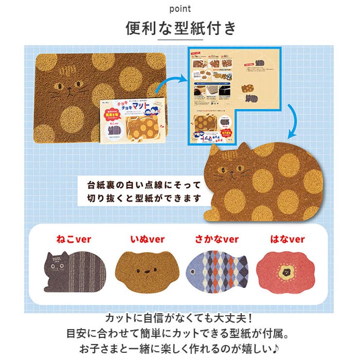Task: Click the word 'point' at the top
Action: pyautogui.click(x=180, y=9)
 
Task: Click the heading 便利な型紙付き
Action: pyautogui.click(x=180, y=29)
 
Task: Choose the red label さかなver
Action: pyautogui.click(x=217, y=239)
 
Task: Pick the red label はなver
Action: pyautogui.click(x=287, y=239)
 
